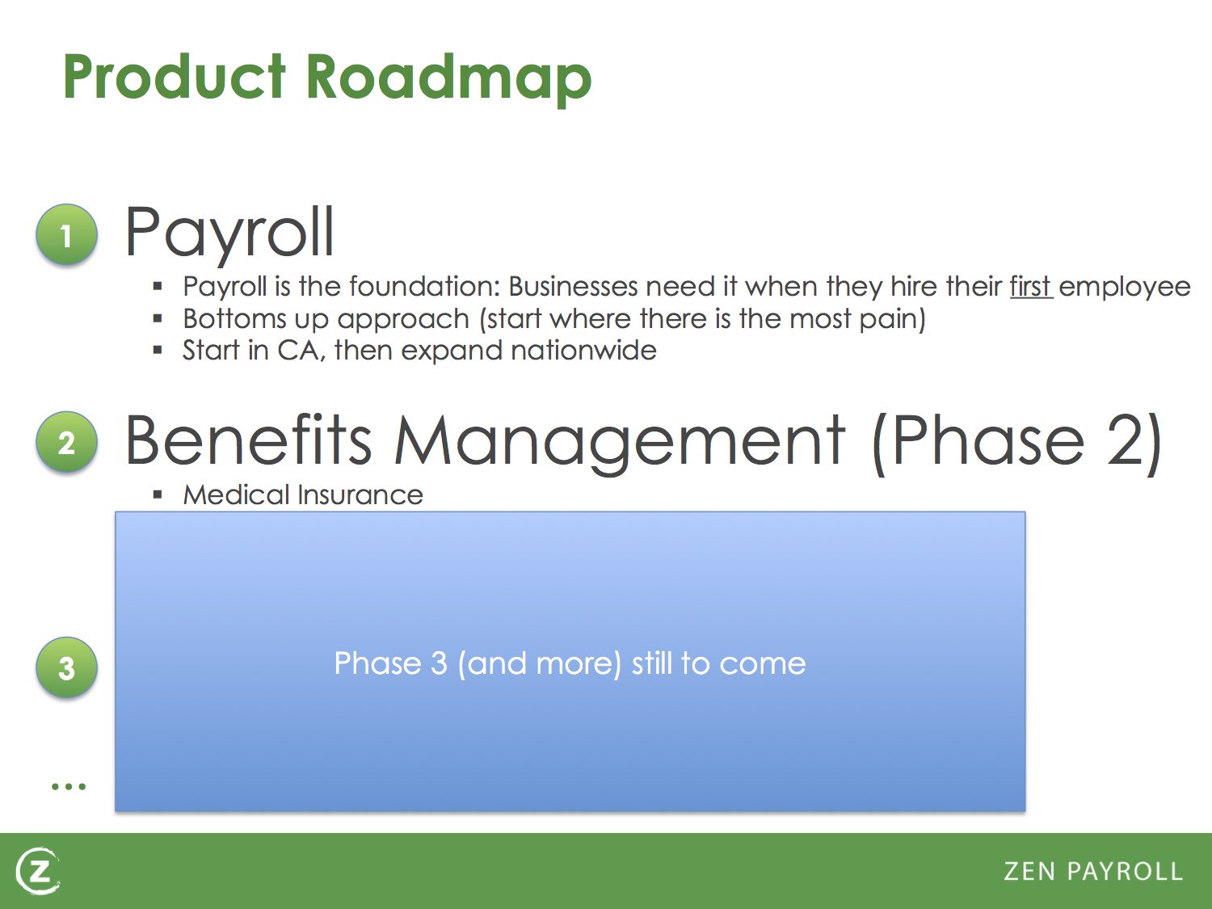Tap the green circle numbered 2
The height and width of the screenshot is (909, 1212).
point(67,442)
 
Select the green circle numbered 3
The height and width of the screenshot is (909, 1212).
point(67,667)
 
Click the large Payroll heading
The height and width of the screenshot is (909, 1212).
point(229,234)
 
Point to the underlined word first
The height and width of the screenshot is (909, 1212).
point(1031,286)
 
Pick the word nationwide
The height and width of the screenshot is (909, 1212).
point(583,351)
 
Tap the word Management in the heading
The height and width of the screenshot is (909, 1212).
point(619,444)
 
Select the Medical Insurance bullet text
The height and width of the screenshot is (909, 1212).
point(302,494)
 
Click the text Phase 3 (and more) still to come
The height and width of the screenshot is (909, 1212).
point(570,663)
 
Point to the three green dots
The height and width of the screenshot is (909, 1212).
point(69,786)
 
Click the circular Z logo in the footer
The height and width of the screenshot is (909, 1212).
point(37,872)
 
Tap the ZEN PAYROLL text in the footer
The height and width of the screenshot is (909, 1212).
point(1093,872)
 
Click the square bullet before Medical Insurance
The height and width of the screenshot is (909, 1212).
point(158,494)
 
